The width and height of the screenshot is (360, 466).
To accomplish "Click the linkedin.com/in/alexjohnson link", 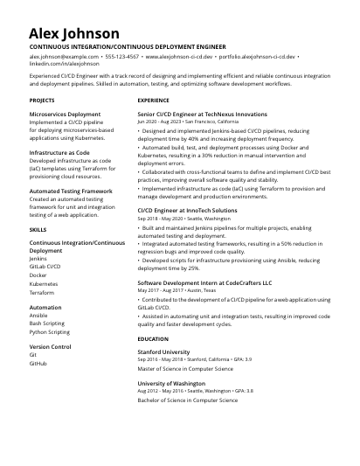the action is pyautogui.click(x=65, y=64).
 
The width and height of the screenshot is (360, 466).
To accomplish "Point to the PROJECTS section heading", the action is pyautogui.click(x=42, y=101).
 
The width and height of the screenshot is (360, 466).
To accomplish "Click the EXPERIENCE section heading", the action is pyautogui.click(x=154, y=101).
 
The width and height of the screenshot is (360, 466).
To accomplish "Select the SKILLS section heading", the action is pyautogui.click(x=38, y=229).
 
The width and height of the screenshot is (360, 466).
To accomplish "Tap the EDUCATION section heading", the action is pyautogui.click(x=153, y=338).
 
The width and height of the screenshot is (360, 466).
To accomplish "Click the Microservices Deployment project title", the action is pyautogui.click(x=65, y=114).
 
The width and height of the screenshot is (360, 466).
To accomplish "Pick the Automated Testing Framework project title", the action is pyautogui.click(x=71, y=191).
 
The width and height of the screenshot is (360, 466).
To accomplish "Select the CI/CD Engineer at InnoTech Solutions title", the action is pyautogui.click(x=187, y=211).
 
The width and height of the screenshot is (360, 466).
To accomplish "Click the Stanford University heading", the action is pyautogui.click(x=163, y=351).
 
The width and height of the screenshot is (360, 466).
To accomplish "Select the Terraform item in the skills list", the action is pyautogui.click(x=43, y=293).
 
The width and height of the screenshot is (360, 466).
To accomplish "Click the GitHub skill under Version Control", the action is pyautogui.click(x=38, y=363).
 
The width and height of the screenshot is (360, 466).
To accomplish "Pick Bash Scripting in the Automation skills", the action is pyautogui.click(x=47, y=323).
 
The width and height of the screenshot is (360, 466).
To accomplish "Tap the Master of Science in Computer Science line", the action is pyautogui.click(x=188, y=368).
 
